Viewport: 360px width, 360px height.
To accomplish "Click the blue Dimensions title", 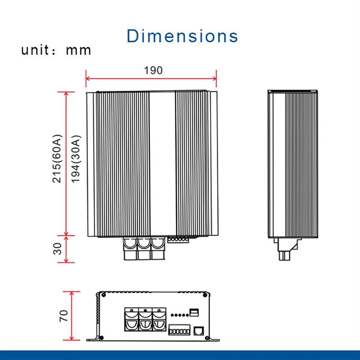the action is point(182,36).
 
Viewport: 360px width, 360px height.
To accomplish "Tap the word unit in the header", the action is point(35,50).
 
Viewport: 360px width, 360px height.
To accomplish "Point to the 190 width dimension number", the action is point(153,70).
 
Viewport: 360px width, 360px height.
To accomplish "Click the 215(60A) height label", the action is point(57,159).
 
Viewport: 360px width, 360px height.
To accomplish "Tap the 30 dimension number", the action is point(57,249).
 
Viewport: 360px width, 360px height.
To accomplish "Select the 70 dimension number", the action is point(64,316).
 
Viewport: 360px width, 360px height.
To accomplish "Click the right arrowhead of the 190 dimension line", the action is point(214,78).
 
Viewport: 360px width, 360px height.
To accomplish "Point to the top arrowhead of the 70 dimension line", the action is point(71,294).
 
